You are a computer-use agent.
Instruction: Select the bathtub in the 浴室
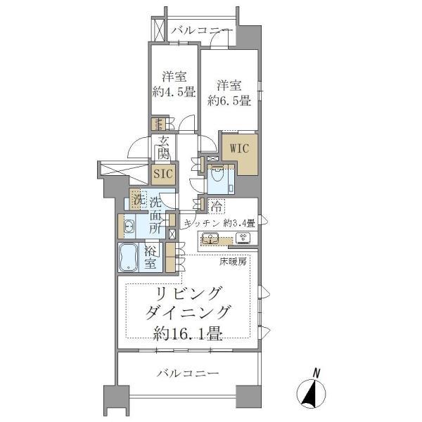131,258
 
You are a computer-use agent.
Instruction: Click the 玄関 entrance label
163,146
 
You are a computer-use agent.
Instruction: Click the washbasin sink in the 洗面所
129,226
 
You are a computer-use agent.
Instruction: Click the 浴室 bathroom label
151,257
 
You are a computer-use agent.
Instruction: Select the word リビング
189,293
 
